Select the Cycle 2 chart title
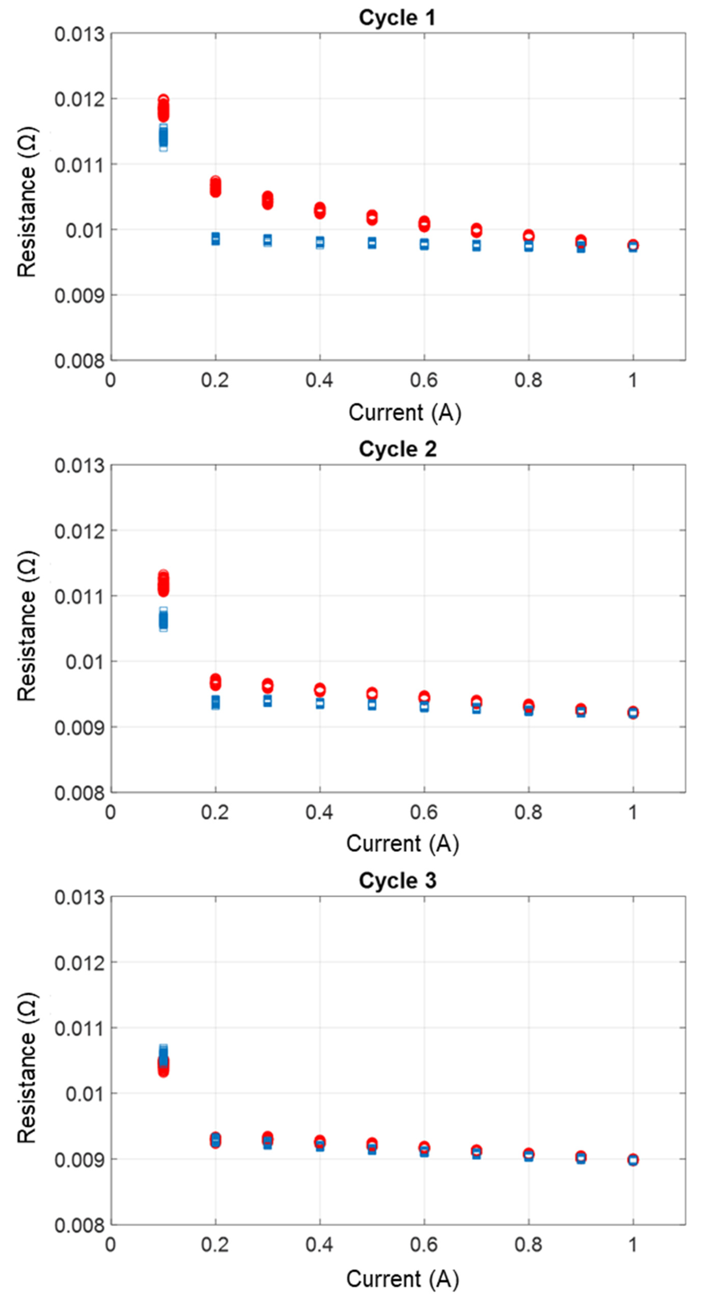(397, 449)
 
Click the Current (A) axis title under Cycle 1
(404, 413)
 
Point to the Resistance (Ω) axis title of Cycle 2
(27, 626)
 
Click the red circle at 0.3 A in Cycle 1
(267, 200)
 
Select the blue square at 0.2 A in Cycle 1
(215, 239)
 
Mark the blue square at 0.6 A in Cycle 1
(424, 244)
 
